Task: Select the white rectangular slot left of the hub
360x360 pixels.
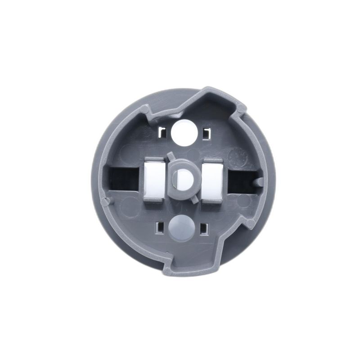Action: tap(154, 180)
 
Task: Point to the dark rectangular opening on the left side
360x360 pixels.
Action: tap(122, 179)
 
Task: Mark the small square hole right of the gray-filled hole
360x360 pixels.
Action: tap(204, 228)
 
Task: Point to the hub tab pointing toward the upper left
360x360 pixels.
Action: tap(170, 156)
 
